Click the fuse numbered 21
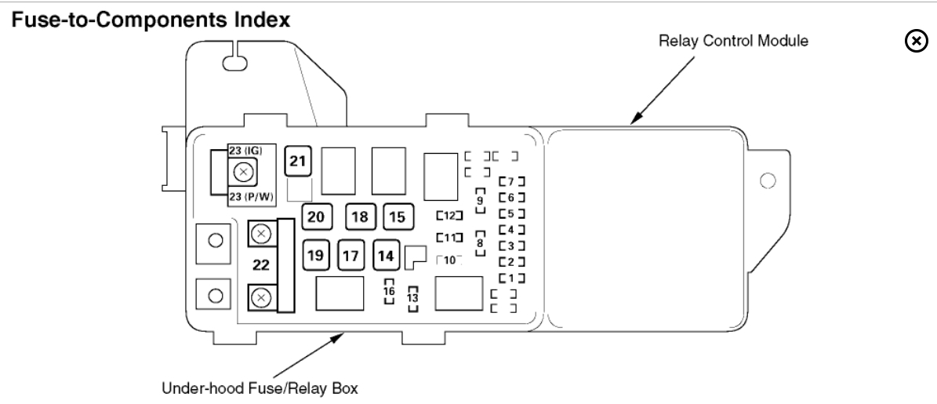pyautogui.click(x=297, y=161)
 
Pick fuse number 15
pyautogui.click(x=398, y=217)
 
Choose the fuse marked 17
pyautogui.click(x=350, y=254)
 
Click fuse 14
pyautogui.click(x=385, y=254)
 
